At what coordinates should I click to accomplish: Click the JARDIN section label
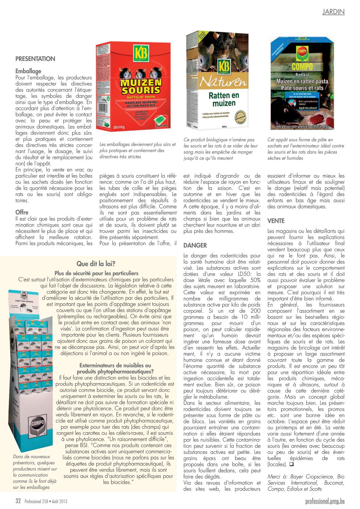pos(333,12)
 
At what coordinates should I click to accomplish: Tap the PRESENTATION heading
pos(35,59)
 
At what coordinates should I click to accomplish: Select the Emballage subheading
pos(28,71)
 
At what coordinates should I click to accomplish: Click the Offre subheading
pos(22,212)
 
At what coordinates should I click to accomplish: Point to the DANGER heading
pos(195,245)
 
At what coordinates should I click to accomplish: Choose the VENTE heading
pos(276,221)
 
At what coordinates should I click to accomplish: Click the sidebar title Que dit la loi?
pos(96,264)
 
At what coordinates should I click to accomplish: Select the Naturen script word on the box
pos(223,82)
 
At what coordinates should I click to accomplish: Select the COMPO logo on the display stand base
pos(37,424)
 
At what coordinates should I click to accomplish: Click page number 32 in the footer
pos(18,501)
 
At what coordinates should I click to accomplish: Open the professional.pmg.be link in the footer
pos(325,501)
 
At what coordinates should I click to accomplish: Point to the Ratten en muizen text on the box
pos(224,99)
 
